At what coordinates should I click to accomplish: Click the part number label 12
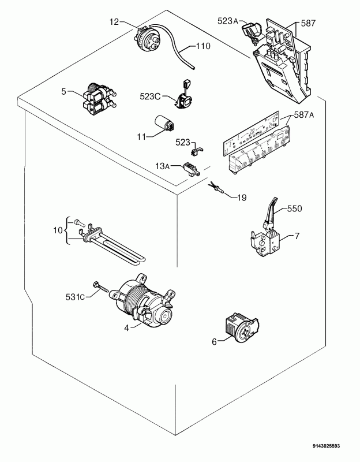point(114,21)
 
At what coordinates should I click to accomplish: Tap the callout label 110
point(204,46)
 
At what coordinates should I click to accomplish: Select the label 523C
point(150,96)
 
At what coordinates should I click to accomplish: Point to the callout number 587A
point(304,115)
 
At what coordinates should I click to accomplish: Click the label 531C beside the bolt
point(75,297)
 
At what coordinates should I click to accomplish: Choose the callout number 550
point(294,208)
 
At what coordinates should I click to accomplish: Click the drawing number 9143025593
point(326,446)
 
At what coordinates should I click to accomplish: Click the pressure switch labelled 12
point(147,39)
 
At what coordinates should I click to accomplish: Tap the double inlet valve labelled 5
point(99,99)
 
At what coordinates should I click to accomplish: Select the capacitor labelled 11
point(164,124)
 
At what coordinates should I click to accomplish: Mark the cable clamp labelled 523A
point(252,32)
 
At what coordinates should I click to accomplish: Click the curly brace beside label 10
point(67,230)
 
